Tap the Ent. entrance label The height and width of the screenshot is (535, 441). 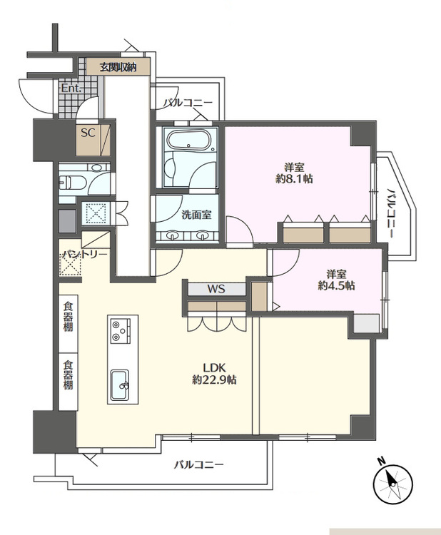coord(71,89)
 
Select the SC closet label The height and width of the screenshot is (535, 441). coord(88,133)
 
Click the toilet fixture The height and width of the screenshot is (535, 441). coord(72,180)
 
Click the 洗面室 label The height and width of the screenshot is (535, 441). coord(196,215)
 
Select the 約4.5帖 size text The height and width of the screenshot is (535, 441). coord(336,285)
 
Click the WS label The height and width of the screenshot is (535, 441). coord(216,289)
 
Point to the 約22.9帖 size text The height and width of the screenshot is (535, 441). coord(214,380)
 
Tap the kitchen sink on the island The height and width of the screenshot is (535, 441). coord(119,385)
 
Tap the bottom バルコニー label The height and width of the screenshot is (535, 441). coord(199,465)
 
